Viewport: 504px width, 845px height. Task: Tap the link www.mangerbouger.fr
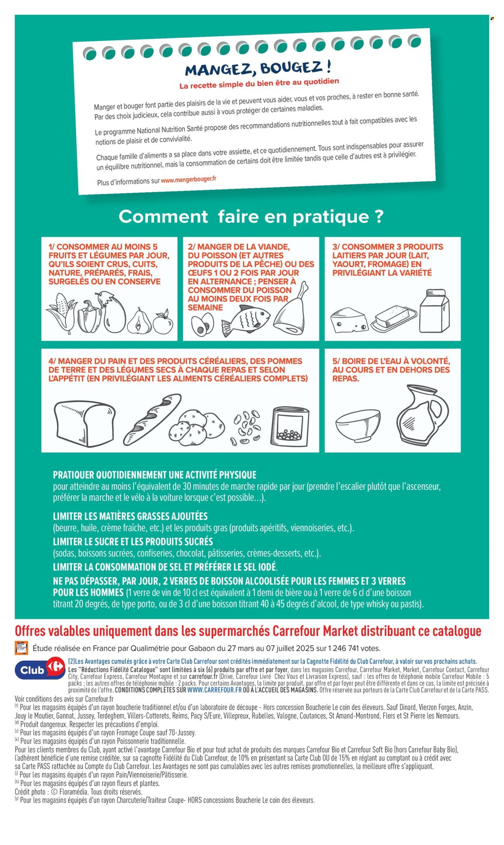coord(188,180)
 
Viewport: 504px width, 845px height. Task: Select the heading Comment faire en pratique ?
coord(251,217)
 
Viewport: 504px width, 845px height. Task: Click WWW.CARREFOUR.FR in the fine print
coord(215,690)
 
